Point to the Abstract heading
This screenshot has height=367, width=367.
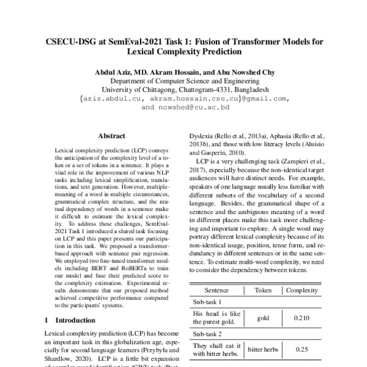coord(112,138)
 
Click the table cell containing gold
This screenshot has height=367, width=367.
coord(263,318)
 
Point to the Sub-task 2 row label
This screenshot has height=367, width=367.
coord(207,333)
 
